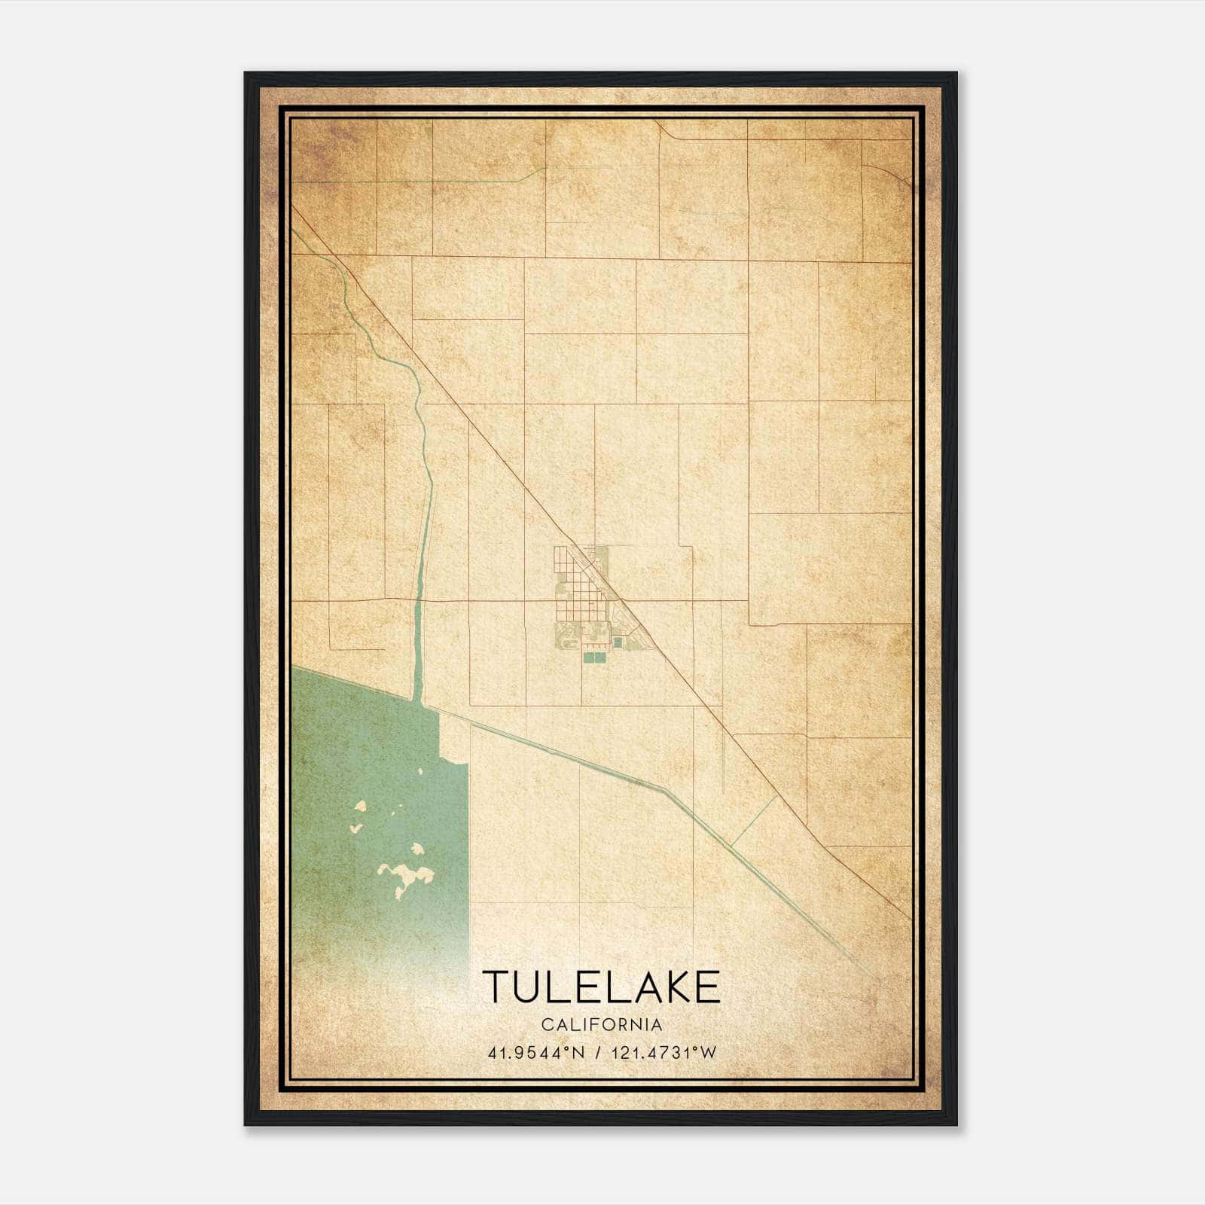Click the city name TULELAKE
[601, 987]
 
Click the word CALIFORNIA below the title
[601, 1025]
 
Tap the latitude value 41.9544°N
[535, 1053]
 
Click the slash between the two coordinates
[598, 1053]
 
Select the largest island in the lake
[407, 877]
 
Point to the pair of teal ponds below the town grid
[594, 657]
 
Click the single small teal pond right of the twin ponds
[618, 642]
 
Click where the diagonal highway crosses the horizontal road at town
[622, 600]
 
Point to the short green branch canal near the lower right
[753, 821]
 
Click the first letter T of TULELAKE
[497, 987]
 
